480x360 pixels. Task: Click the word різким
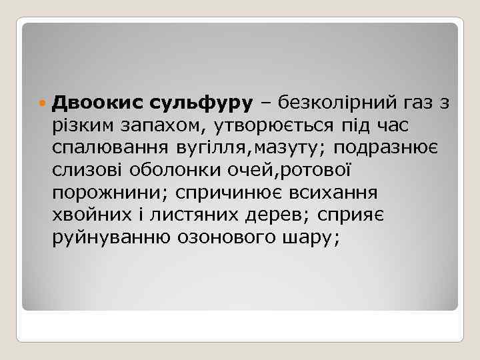point(83,126)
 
